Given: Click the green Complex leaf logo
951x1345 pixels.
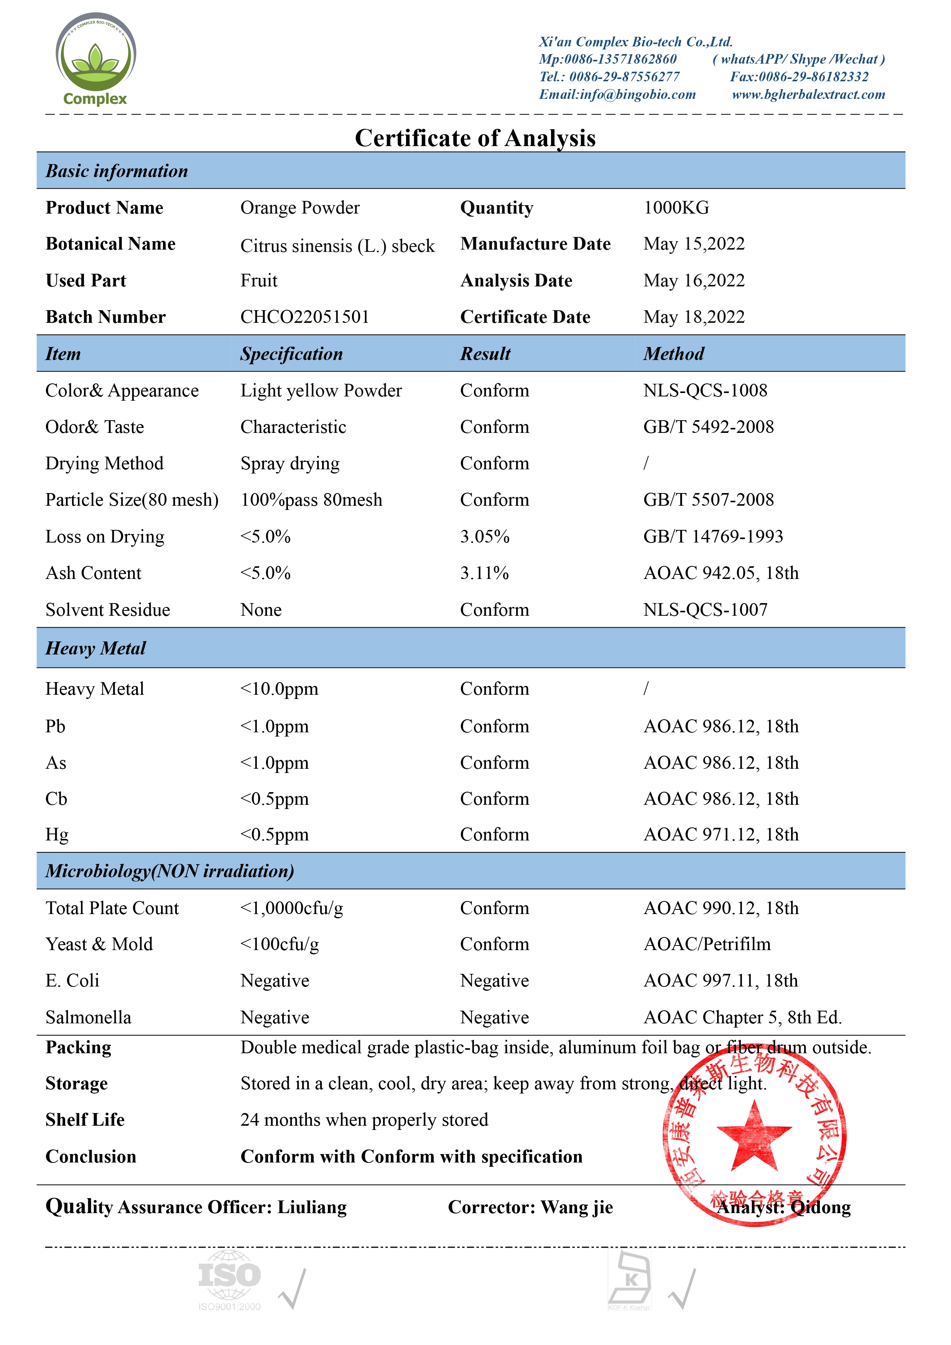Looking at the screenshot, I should click(95, 59).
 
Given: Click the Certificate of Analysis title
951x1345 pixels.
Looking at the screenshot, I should click(475, 138).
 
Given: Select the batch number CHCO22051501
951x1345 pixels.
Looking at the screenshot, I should click(305, 317).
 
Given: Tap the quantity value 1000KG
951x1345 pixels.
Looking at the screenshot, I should click(676, 207).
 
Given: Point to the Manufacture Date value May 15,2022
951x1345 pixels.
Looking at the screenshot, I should click(694, 244).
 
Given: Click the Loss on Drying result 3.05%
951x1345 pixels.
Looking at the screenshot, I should click(485, 537).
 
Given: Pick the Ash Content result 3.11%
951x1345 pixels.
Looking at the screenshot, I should click(484, 573).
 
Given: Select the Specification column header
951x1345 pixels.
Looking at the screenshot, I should click(291, 354).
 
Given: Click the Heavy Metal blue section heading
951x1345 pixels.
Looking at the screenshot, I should click(95, 648).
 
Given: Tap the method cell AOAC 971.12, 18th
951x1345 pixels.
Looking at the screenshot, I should click(721, 834).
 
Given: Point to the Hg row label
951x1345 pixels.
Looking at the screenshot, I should click(57, 834).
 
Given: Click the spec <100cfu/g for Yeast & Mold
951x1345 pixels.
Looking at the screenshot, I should click(280, 944).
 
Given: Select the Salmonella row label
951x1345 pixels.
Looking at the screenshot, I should click(89, 1018).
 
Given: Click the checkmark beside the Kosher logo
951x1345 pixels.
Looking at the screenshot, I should click(683, 1289).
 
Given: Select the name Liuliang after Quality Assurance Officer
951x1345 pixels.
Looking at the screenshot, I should click(312, 1207).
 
